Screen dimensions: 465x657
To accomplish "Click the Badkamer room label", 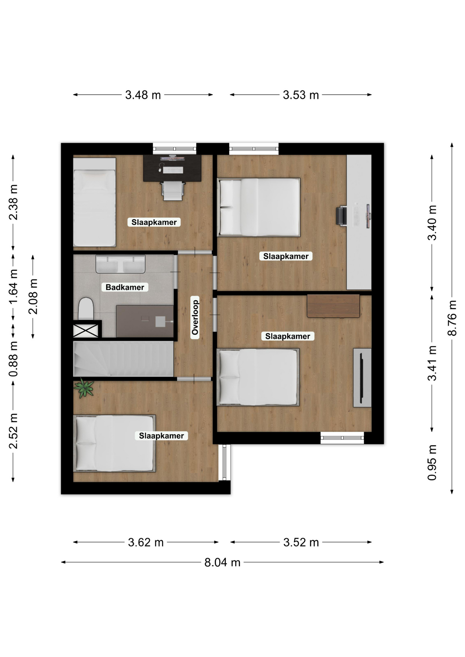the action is click(x=125, y=287).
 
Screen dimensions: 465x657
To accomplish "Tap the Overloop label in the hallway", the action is click(x=195, y=317).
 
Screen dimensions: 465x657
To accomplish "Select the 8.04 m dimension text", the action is click(x=222, y=563).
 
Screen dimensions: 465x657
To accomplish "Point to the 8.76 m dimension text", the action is click(x=452, y=318).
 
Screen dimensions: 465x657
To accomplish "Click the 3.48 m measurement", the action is click(x=143, y=95).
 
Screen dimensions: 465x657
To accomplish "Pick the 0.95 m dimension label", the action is click(x=432, y=462).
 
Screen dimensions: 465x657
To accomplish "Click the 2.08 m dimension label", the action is click(x=33, y=296).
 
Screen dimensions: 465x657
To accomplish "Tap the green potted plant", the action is click(x=84, y=388).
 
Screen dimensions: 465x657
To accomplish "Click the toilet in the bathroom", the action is click(x=86, y=308).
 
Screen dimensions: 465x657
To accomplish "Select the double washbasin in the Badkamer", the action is click(x=120, y=264).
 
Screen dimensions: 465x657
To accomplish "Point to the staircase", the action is click(x=123, y=359).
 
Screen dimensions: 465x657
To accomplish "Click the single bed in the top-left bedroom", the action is click(x=95, y=202).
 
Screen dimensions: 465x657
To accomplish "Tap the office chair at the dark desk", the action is click(x=173, y=190).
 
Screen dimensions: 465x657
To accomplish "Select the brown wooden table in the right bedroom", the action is click(x=333, y=306).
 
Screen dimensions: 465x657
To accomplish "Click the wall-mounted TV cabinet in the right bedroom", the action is click(x=362, y=378).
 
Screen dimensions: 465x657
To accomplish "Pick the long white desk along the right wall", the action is click(x=359, y=222).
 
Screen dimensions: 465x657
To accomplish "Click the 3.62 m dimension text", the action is click(x=146, y=542).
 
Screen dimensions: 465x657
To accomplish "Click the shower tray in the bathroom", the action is click(x=145, y=321).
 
